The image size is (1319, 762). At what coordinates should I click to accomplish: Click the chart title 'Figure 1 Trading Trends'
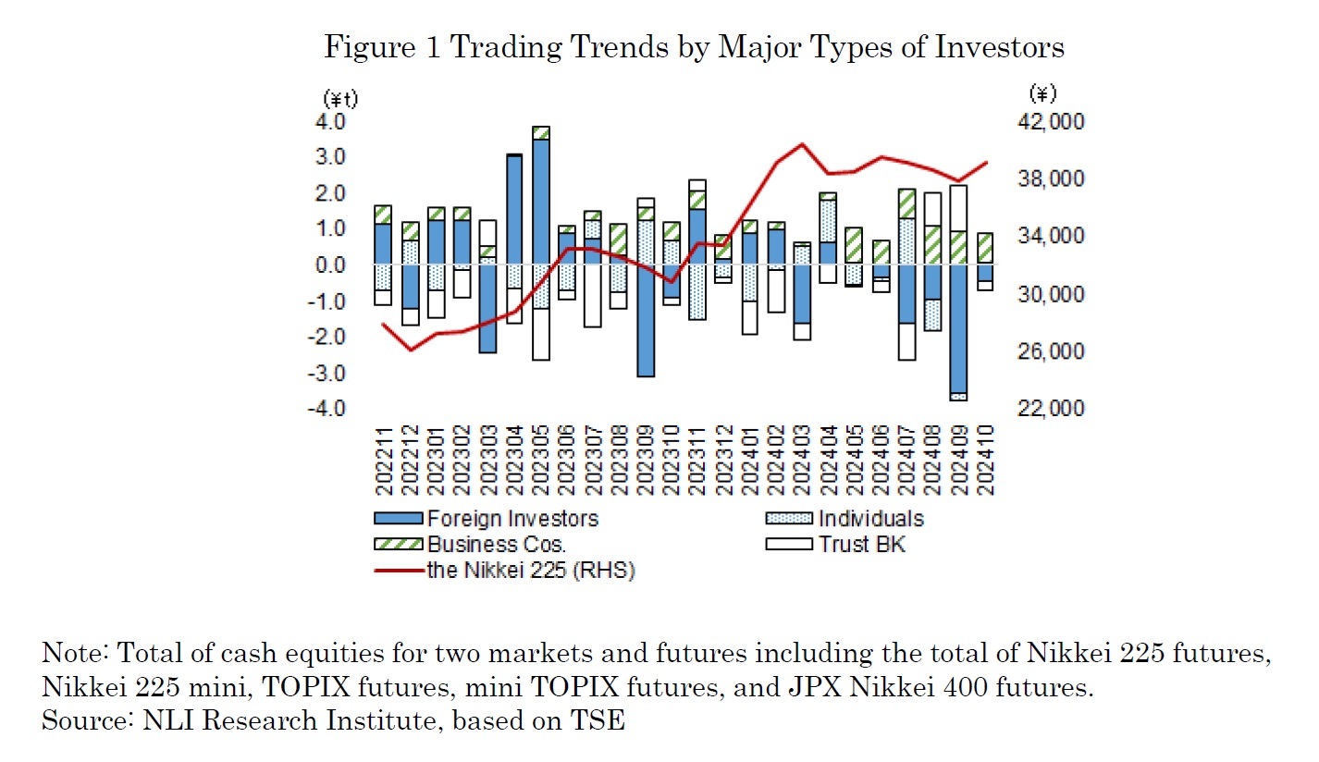pyautogui.click(x=694, y=46)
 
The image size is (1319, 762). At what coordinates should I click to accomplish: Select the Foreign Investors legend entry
pyautogui.click(x=512, y=519)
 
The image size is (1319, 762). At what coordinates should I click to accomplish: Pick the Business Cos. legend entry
pyautogui.click(x=496, y=545)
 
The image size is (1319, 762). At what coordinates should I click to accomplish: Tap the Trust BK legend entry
pyautogui.click(x=861, y=545)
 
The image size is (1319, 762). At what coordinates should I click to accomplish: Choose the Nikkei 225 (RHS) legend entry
pyautogui.click(x=530, y=571)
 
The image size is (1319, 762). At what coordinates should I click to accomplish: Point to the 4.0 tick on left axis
pyautogui.click(x=333, y=122)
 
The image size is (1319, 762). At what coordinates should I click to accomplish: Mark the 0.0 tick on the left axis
pyautogui.click(x=333, y=265)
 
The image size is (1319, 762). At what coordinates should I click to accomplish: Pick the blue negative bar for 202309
pyautogui.click(x=646, y=324)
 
